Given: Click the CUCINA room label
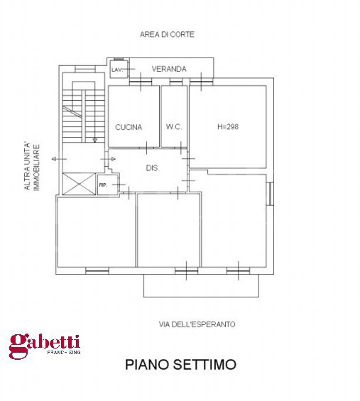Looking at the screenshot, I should (129, 127).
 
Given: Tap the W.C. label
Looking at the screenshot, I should (174, 127).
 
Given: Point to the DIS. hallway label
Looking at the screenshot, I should (151, 168).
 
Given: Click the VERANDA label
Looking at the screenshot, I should (169, 69).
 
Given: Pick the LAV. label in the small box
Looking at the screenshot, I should (116, 70).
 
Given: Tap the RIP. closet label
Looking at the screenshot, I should (103, 185).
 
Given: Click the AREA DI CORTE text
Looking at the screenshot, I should (168, 34).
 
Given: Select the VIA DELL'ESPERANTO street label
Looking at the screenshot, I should (197, 324).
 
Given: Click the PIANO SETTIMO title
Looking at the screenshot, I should (180, 365).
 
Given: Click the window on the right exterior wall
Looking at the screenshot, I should (270, 193).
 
